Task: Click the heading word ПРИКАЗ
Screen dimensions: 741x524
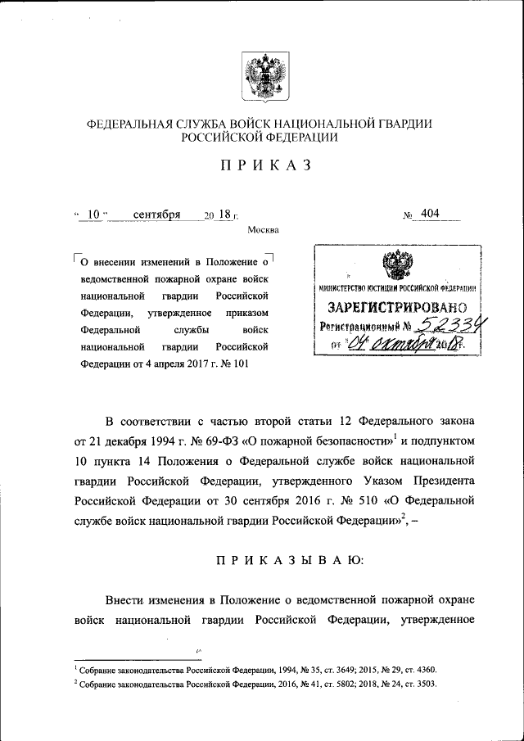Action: (262, 165)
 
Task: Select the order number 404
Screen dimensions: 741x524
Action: (430, 214)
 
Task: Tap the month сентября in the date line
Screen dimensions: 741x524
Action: (156, 215)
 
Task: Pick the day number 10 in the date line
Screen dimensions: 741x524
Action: (93, 215)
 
